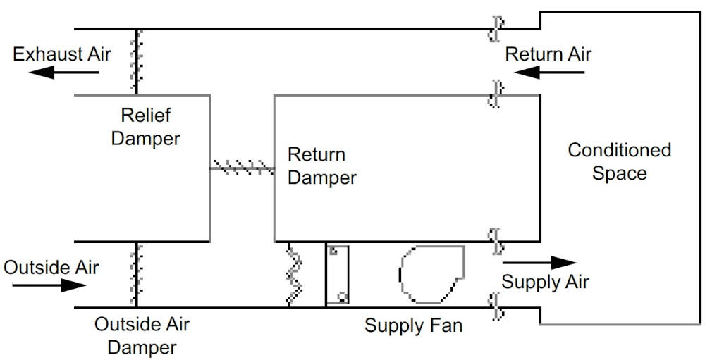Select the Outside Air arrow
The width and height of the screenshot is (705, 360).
(49, 285)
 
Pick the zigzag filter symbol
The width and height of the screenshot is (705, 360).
(294, 274)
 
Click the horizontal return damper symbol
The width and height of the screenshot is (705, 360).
(242, 168)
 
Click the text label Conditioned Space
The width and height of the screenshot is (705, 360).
(619, 161)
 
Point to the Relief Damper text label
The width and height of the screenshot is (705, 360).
(146, 126)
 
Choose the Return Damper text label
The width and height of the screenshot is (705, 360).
(322, 166)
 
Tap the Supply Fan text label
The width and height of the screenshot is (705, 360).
(414, 326)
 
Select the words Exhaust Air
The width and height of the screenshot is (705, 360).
(62, 54)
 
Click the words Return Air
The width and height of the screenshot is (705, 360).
(548, 54)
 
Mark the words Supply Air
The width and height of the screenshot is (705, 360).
(545, 282)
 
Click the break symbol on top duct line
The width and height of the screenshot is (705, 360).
(496, 29)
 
